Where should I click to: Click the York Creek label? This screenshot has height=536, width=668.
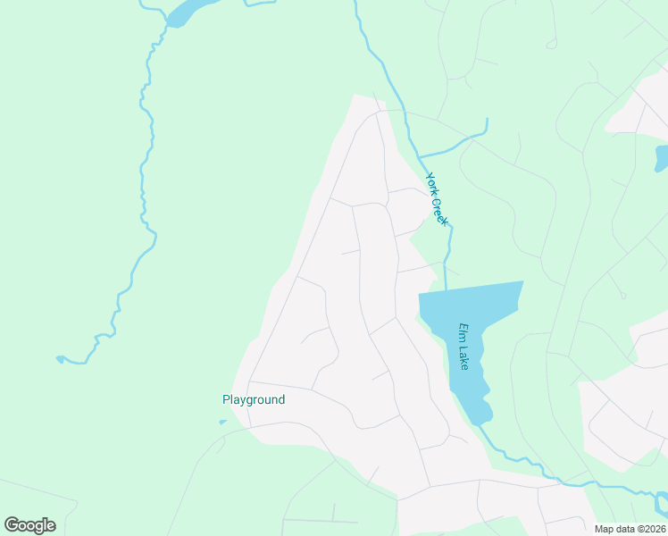tap(437, 198)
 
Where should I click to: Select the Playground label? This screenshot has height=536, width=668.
tap(254, 399)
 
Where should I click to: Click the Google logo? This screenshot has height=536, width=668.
tap(29, 525)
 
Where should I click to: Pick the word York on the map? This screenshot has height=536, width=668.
tap(431, 182)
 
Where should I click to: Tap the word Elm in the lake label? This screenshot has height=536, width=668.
tap(463, 331)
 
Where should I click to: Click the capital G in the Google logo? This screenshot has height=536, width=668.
tap(12, 525)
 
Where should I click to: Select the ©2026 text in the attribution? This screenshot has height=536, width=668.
tap(646, 529)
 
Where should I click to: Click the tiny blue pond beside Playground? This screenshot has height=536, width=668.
tap(222, 423)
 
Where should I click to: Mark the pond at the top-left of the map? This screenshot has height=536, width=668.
tap(185, 12)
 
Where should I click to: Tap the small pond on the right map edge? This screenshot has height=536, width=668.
tap(661, 157)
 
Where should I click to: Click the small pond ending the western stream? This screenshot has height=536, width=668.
tap(60, 359)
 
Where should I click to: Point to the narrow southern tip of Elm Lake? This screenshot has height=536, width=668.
tap(480, 414)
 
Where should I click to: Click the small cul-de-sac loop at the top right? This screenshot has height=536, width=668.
tap(551, 43)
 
